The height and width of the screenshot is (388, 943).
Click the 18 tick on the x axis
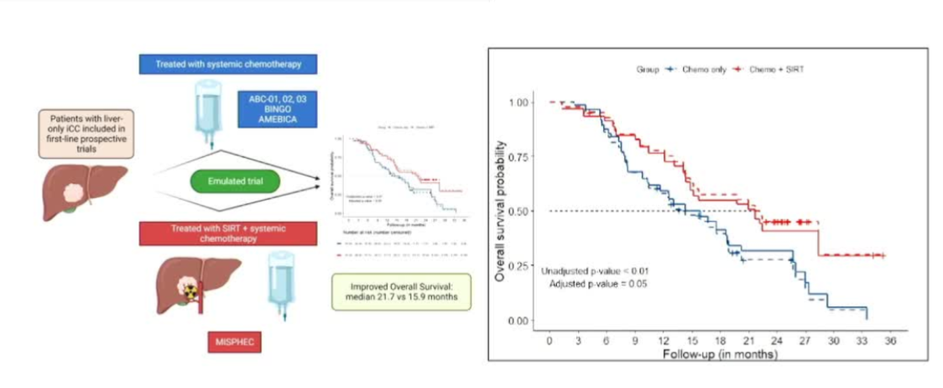[x=720, y=342]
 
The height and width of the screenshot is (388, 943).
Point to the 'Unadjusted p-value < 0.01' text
[x=595, y=270]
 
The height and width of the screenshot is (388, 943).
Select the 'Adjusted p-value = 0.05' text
[x=599, y=284]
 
